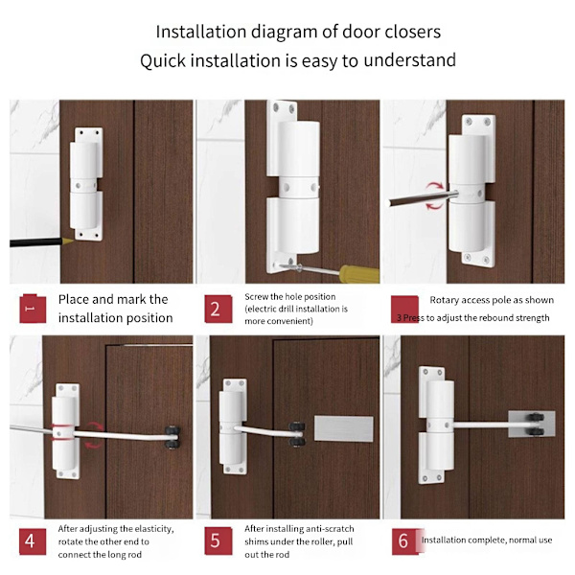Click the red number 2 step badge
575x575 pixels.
click(x=218, y=310)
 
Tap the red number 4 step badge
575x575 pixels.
click(x=33, y=541)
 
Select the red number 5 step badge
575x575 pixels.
click(x=218, y=540)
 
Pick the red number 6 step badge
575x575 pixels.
click(x=404, y=540)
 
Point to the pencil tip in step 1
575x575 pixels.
click(x=69, y=241)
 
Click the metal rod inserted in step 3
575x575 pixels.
click(x=423, y=198)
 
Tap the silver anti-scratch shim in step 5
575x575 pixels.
click(x=344, y=428)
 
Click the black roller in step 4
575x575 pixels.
click(x=172, y=437)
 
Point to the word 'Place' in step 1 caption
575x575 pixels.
click(x=74, y=299)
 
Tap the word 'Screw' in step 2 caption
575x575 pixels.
click(x=256, y=297)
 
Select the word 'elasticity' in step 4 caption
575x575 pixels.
click(x=153, y=529)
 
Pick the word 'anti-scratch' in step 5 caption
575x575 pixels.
click(x=330, y=529)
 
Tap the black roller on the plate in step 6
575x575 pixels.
click(x=536, y=424)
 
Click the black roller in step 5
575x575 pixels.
click(x=297, y=434)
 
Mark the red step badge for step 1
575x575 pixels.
click(x=33, y=309)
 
